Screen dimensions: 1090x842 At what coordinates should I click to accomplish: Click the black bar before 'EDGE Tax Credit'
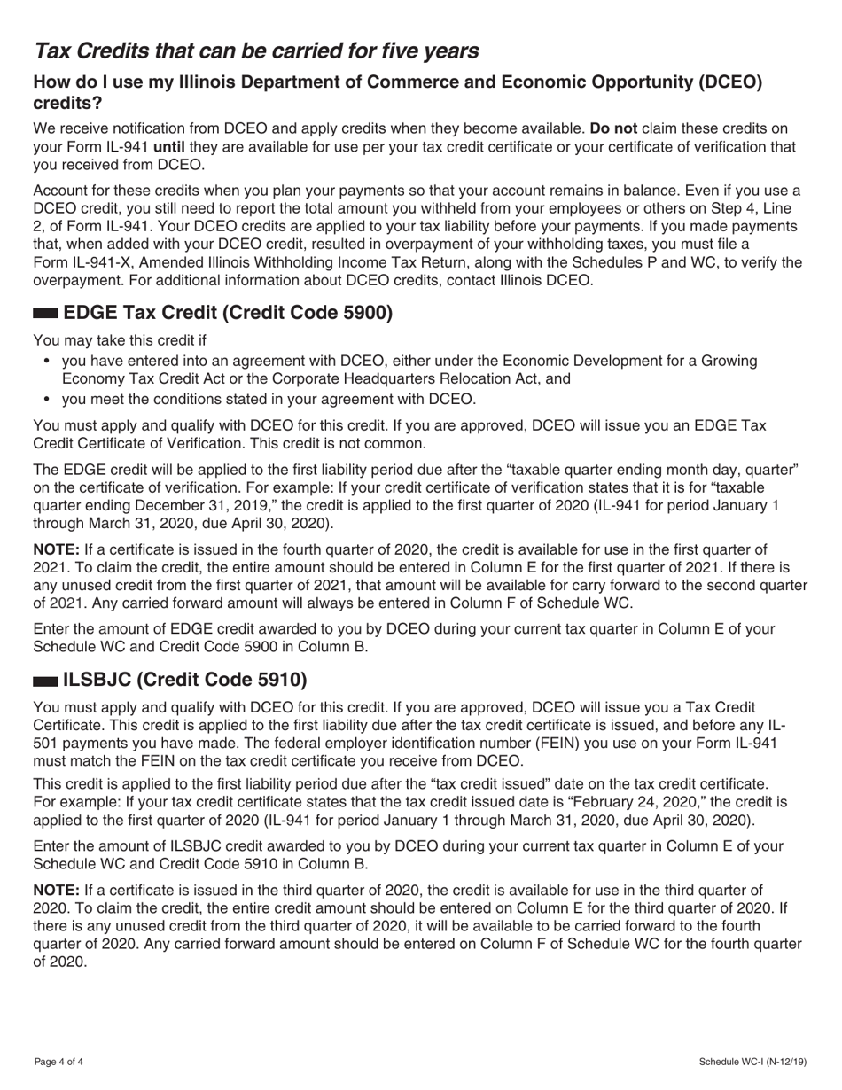(x=46, y=313)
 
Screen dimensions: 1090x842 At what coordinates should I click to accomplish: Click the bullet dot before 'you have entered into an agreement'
(x=46, y=361)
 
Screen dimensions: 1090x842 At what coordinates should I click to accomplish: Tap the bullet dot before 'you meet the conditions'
(x=46, y=399)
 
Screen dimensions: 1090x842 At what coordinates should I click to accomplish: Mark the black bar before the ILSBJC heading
(x=44, y=681)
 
